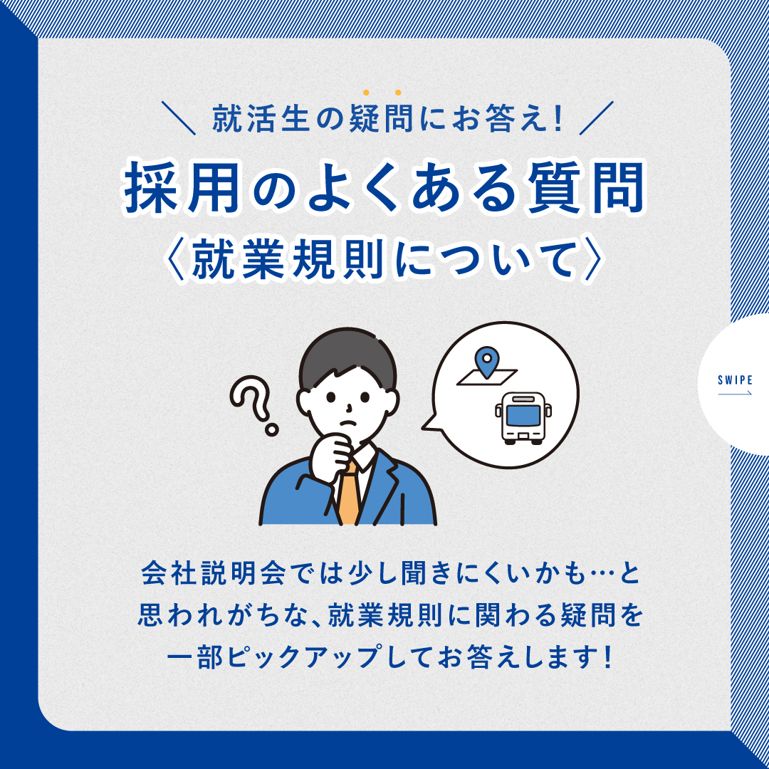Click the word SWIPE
(735, 380)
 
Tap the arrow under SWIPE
(735, 393)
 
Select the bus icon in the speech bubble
(523, 419)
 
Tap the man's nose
(349, 407)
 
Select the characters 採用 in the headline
(182, 188)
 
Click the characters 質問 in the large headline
(587, 188)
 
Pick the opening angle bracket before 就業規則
(176, 259)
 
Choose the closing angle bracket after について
(592, 259)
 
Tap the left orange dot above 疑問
(366, 92)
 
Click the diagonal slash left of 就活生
(179, 117)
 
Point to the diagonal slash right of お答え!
(597, 117)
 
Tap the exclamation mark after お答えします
(609, 657)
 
